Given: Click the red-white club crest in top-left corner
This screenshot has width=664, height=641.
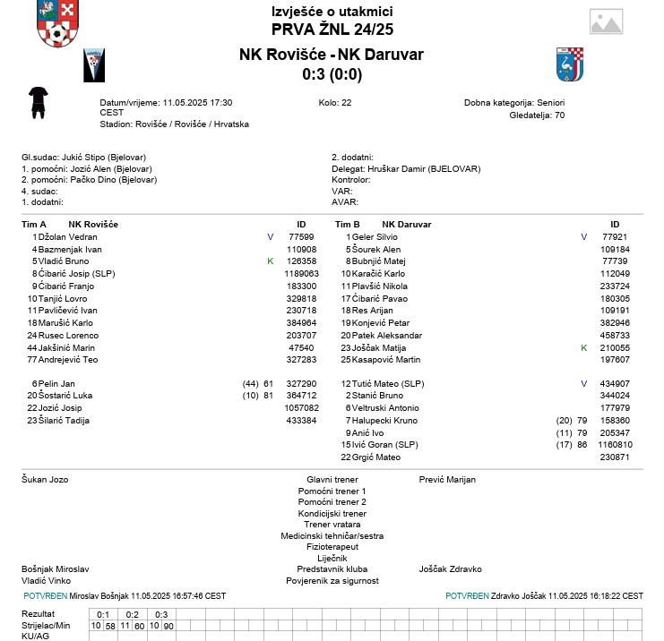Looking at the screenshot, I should point(56,23).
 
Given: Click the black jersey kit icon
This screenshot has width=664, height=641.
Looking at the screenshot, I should point(38,102).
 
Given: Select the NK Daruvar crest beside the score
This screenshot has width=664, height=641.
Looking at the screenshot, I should point(569,64).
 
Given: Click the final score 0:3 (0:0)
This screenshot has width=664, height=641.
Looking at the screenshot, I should point(332,73).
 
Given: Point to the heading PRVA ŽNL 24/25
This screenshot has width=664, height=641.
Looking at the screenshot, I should point(332,30).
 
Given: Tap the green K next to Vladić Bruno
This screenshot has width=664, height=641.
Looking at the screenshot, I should point(270,261).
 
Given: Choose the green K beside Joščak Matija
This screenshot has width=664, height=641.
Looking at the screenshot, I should point(584,347).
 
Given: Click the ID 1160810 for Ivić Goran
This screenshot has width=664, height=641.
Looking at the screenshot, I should point(616,445).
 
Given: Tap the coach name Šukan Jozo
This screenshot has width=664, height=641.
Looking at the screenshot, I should point(45,480).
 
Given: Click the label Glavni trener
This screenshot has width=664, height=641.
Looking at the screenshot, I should point(332,480).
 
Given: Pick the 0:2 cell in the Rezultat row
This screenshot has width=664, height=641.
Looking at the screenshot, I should point(132,614).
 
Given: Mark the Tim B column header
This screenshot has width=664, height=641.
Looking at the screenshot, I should point(347,224).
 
